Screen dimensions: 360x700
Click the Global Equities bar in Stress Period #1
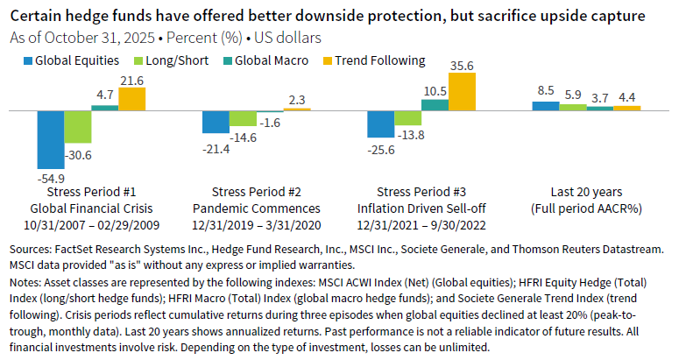50,139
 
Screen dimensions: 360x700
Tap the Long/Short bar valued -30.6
77,126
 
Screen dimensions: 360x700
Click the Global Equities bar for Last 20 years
545,106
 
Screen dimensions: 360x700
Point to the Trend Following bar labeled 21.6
131,98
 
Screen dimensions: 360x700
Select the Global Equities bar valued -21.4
216,122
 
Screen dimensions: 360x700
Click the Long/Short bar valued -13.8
407,118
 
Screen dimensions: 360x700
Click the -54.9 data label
50,176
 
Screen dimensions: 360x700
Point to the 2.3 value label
298,100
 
